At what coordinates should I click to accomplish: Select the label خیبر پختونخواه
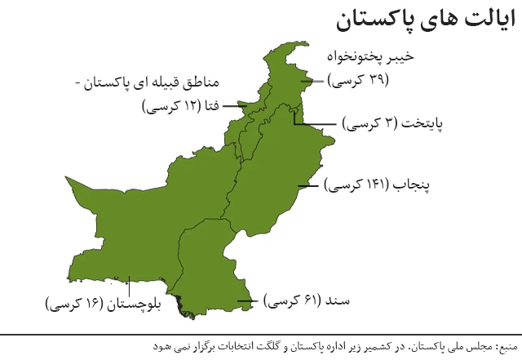pyautogui.click(x=374, y=57)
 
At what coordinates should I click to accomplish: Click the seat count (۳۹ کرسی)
pyautogui.click(x=359, y=80)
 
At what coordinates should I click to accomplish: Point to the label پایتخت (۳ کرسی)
pyautogui.click(x=386, y=124)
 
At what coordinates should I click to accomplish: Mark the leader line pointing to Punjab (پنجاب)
pyautogui.click(x=307, y=186)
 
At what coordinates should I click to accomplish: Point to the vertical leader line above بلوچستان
pyautogui.click(x=130, y=282)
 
